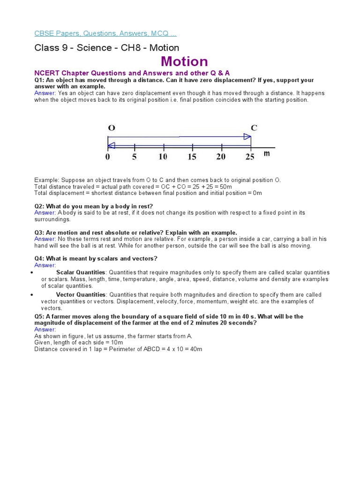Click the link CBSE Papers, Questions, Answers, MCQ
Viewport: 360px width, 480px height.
click(105, 33)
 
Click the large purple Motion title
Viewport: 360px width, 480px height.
click(184, 61)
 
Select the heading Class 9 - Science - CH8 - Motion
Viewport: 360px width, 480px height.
click(107, 48)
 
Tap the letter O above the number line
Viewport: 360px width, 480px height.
click(112, 127)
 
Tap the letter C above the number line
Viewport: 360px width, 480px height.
click(254, 127)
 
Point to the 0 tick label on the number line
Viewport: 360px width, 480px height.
click(108, 157)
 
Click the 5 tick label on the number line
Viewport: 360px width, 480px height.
click(135, 157)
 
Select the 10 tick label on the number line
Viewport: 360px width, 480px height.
click(163, 157)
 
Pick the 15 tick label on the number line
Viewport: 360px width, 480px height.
click(192, 157)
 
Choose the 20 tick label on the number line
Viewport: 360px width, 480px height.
click(221, 157)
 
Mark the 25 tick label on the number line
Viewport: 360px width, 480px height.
click(250, 157)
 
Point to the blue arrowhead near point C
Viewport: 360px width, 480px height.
click(247, 137)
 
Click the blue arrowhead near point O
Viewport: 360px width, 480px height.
click(111, 146)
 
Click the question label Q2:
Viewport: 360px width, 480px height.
click(39, 206)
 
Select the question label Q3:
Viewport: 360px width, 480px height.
click(39, 232)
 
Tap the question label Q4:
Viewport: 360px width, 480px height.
click(39, 259)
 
